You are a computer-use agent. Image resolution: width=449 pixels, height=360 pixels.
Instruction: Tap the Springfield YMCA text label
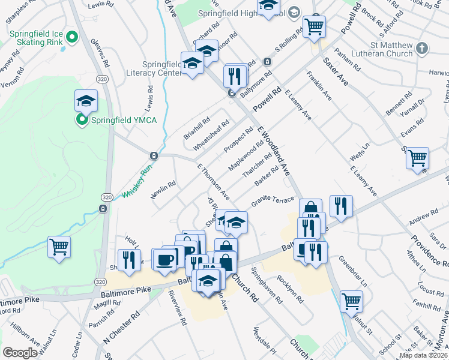tap(124, 121)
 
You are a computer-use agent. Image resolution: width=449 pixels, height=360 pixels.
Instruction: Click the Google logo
tap(20, 352)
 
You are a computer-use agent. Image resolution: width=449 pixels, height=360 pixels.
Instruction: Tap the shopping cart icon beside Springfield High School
tap(314, 26)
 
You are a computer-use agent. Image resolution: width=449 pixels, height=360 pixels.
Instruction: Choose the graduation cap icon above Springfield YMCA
tap(86, 100)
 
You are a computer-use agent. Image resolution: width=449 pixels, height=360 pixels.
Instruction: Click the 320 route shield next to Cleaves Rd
tap(103, 79)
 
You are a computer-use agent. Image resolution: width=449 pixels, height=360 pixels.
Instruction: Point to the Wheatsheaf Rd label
tap(211, 136)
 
